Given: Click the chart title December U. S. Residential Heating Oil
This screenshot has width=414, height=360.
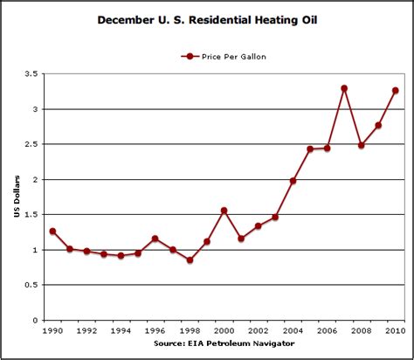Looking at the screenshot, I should (x=207, y=18).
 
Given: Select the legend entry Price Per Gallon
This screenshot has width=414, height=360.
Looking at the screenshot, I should (x=225, y=56).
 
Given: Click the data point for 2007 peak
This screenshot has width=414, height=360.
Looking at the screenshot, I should (x=344, y=88).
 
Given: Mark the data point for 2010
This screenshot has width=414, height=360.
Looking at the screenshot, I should (x=395, y=90).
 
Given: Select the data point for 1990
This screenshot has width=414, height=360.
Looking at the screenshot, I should (x=52, y=231).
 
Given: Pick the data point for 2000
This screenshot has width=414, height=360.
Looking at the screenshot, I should (x=224, y=211).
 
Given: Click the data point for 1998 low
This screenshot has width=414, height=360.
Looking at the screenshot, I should (x=190, y=260).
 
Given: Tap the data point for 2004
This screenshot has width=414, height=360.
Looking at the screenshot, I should (x=293, y=181).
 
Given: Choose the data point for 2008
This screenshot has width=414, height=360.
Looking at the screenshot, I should (x=361, y=145).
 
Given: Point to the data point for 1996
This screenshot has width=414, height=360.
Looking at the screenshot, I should (x=155, y=239).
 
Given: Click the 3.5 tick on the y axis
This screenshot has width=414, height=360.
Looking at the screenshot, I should (x=35, y=75).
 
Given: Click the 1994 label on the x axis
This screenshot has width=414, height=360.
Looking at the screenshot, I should (x=121, y=332).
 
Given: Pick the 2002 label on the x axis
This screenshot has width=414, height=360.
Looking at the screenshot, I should (x=258, y=332).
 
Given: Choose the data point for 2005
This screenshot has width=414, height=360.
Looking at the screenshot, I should (x=310, y=149).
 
